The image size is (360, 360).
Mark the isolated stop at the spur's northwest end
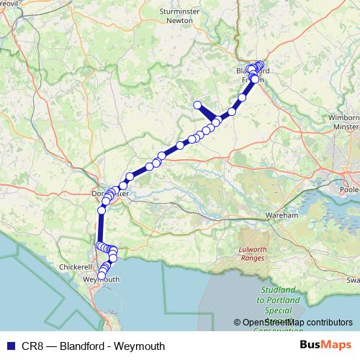pos(197,105)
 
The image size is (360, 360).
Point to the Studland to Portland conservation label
pos(273,307)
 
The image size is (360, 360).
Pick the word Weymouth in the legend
pos(141,346)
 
